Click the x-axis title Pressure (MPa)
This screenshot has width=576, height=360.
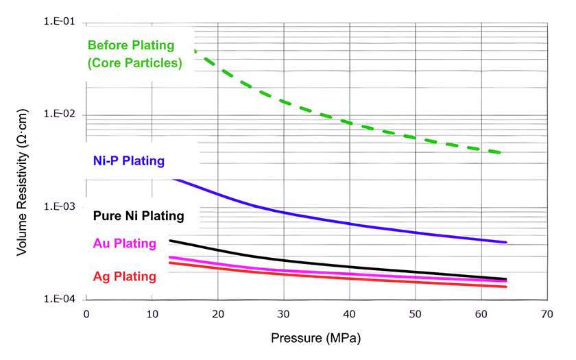315,339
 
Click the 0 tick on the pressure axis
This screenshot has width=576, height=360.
86,314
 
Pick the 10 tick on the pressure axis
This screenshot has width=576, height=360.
152,314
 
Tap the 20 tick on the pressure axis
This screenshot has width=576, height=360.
218,314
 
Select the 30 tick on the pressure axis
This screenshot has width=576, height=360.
284,314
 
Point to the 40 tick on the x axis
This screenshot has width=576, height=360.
350,314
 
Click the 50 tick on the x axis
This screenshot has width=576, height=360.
416,314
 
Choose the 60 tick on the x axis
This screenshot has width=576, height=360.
481,314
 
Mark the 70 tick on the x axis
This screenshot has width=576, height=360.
547,314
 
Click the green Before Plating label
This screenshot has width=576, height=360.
135,54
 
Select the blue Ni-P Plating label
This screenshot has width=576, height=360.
128,161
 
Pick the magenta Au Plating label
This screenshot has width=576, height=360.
124,243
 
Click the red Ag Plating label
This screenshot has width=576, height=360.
124,276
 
